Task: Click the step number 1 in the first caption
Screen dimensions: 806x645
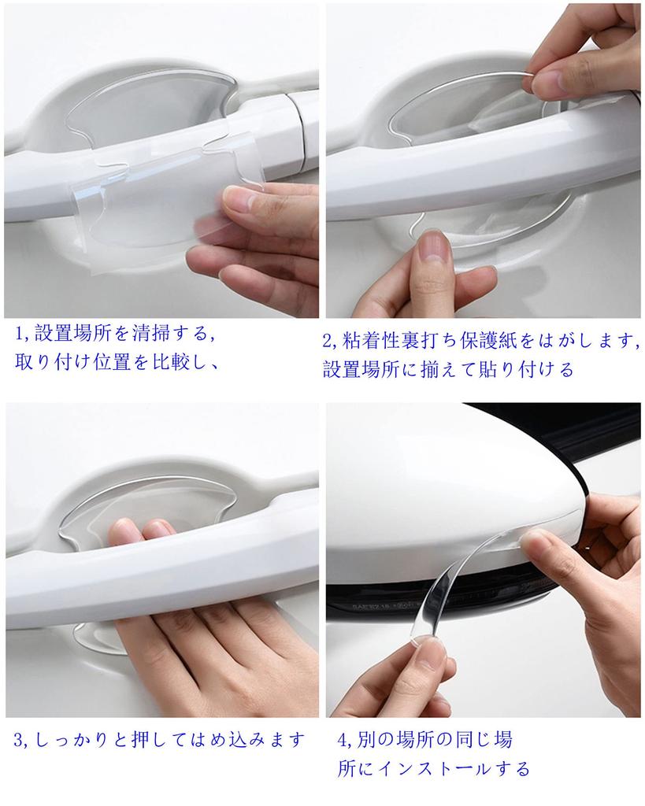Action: (19, 334)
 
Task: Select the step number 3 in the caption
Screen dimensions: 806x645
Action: (20, 740)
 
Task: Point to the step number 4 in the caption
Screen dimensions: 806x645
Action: (342, 740)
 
